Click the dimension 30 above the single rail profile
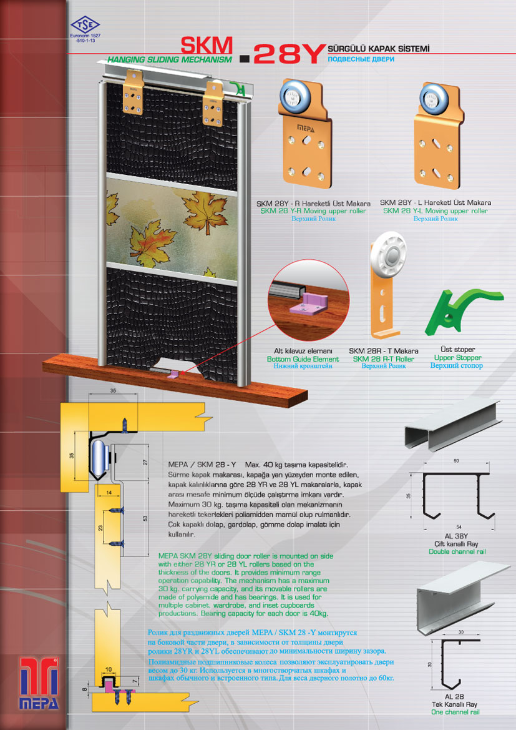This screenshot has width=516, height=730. tap(461, 632)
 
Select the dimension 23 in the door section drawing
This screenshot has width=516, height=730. tap(100, 528)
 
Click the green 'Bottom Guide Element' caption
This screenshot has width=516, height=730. tap(303, 359)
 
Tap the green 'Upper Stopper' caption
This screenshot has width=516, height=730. tap(457, 358)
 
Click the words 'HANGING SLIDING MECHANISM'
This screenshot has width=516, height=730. tap(169, 59)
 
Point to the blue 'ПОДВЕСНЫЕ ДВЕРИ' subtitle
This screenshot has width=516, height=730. tap(361, 59)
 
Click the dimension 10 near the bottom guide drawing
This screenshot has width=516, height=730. tap(109, 669)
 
